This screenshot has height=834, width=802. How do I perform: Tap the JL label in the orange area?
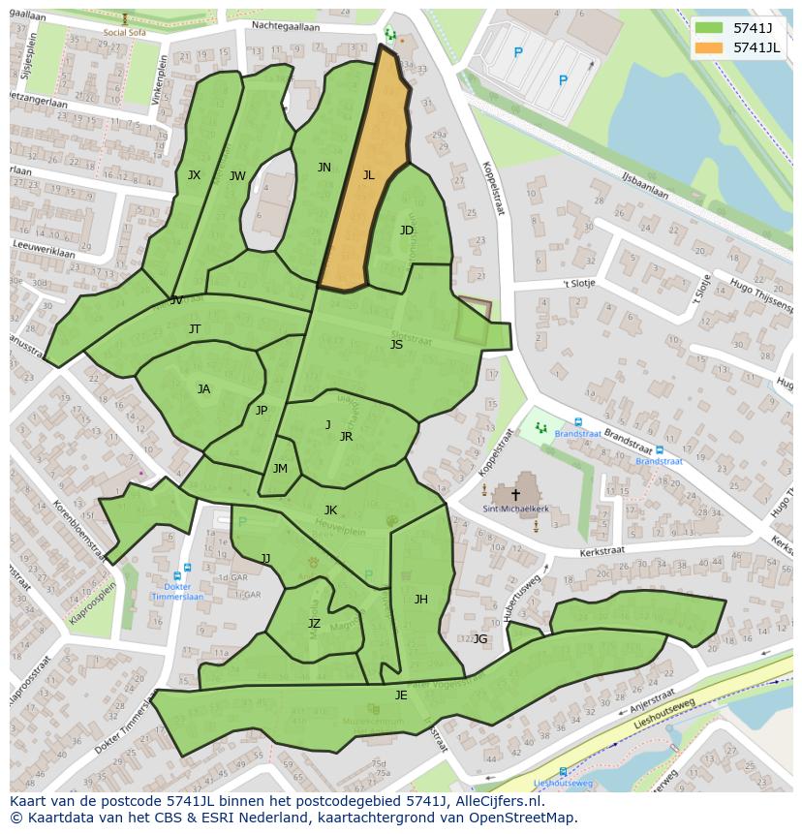[x=368, y=175]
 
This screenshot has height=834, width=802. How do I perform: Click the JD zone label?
[x=407, y=230]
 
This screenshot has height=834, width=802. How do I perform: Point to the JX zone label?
[x=195, y=175]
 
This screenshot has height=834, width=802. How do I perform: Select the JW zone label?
[x=237, y=176]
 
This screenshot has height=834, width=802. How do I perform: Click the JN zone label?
[x=324, y=168]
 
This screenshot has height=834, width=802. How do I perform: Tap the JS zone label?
[x=396, y=345]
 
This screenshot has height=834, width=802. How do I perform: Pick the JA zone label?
[x=203, y=389]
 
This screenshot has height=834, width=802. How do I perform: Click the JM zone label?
[x=280, y=469]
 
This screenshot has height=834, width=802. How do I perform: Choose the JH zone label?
[x=420, y=600]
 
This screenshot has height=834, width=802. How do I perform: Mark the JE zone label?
[x=401, y=695]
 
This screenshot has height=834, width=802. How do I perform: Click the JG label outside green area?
[x=480, y=638]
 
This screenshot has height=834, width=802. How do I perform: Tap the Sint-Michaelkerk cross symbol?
[x=515, y=495]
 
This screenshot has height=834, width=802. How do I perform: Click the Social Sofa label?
[x=125, y=31]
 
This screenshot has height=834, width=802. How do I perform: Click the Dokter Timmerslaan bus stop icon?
[x=187, y=569]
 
